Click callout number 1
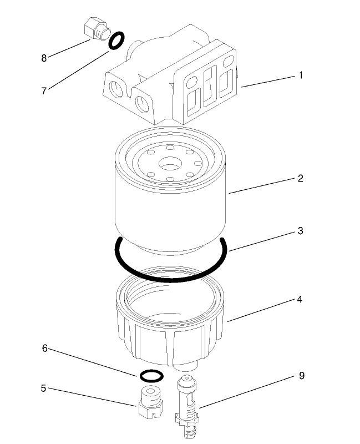point(301,75)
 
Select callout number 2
point(300,178)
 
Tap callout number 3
point(300,230)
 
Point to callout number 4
point(300,299)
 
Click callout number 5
point(43,388)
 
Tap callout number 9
point(301,376)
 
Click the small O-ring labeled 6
point(151,376)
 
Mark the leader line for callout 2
point(261,185)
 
